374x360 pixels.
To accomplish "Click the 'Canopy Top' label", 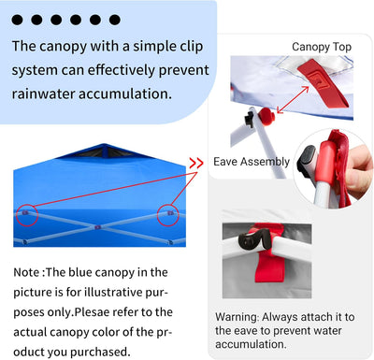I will click(322, 46).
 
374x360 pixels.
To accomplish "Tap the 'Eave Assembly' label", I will click(252, 161).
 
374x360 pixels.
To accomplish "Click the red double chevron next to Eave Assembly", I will click(195, 161).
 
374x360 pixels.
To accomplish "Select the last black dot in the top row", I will click(114, 19).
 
